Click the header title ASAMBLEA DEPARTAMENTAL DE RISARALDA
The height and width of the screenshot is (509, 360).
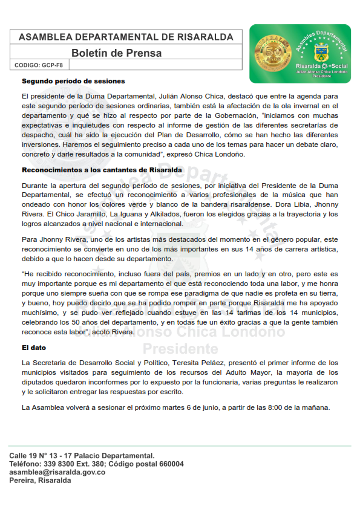coord(126,37)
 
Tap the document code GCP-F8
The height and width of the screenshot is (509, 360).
coord(53,65)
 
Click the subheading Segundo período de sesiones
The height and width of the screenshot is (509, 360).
coord(73,81)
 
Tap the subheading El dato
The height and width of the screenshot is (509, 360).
coord(34,348)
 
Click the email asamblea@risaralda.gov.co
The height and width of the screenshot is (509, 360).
coord(57,472)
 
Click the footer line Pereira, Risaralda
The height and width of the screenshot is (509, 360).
coord(40,481)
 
